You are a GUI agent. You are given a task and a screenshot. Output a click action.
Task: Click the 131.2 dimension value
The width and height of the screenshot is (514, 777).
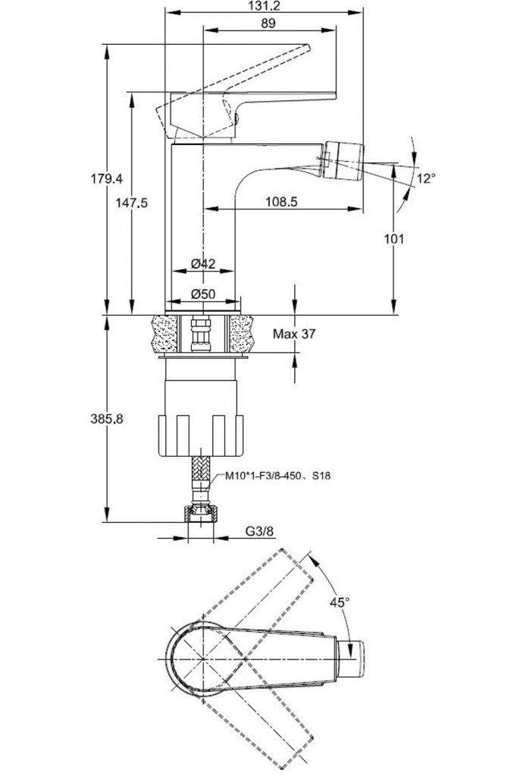click(x=264, y=6)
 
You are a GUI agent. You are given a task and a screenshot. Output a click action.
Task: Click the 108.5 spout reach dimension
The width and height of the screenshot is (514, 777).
click(x=281, y=202)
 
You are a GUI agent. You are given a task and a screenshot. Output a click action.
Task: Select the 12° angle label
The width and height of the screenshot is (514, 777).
click(x=426, y=178)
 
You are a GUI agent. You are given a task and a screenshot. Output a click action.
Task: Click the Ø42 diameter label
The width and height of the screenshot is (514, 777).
click(x=203, y=264)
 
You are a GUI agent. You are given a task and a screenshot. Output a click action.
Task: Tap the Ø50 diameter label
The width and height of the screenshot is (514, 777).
click(x=203, y=294)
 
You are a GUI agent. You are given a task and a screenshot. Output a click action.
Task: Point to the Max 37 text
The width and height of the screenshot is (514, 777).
click(x=294, y=335)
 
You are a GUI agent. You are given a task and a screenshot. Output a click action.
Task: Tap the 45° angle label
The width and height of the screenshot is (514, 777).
click(x=339, y=602)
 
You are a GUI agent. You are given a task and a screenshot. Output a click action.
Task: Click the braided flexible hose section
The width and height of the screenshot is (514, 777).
click(x=201, y=478)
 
